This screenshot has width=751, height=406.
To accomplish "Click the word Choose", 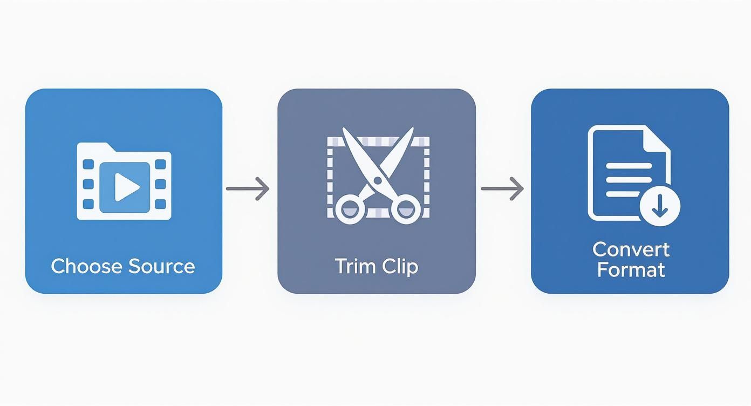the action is click(86, 266).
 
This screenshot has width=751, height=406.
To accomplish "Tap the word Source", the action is click(162, 266).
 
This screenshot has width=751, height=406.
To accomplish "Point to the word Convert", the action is click(631, 249).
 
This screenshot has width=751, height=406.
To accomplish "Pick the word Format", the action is click(631, 270).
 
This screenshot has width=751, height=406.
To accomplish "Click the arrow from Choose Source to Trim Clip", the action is click(248, 189).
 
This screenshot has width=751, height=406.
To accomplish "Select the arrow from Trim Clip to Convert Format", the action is click(502, 189).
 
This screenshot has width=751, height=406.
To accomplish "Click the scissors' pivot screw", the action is click(378, 181).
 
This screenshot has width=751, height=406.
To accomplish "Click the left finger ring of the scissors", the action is click(350, 209).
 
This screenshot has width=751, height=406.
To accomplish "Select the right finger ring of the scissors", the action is click(406, 209).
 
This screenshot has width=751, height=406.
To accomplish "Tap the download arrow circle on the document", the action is click(660, 206).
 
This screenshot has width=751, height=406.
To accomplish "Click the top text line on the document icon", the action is click(629, 166).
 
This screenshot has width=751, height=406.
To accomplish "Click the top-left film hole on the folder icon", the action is click(88, 165).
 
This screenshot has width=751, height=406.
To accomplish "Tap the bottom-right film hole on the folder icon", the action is click(161, 204).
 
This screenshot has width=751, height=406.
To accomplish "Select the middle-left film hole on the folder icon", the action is click(88, 184).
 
